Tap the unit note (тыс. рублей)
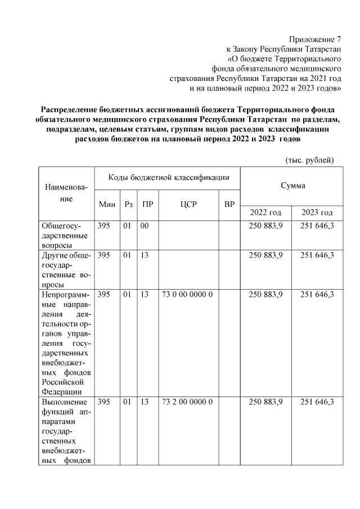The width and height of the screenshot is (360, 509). (x=310, y=160)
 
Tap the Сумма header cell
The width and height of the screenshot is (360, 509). (x=292, y=185)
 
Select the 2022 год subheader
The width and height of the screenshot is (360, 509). (x=265, y=213)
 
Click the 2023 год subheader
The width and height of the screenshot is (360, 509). (x=317, y=213)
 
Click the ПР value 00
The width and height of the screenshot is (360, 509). (x=145, y=226)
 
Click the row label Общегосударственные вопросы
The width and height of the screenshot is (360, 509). (x=64, y=235)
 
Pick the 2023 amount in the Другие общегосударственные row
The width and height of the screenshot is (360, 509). (x=317, y=255)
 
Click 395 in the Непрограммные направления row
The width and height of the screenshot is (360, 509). (x=103, y=294)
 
